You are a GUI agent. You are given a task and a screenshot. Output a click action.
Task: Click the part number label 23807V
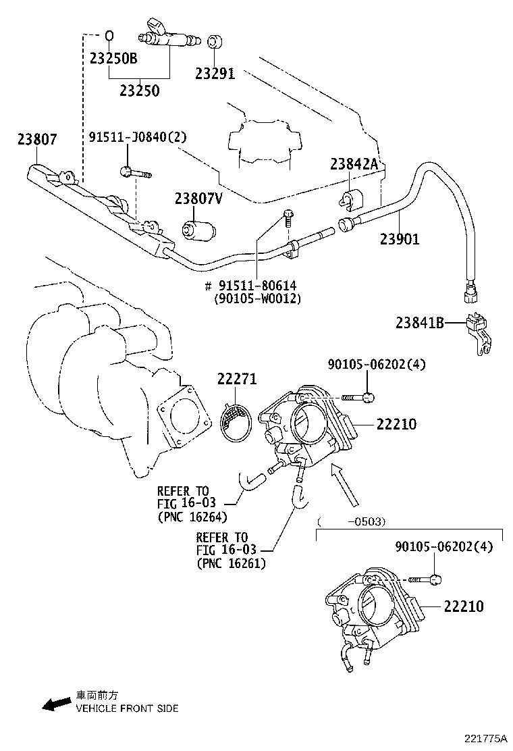(x=198, y=199)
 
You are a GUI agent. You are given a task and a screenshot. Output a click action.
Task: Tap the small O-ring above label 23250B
(x=108, y=35)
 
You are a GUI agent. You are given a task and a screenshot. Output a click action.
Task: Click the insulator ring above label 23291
(x=214, y=41)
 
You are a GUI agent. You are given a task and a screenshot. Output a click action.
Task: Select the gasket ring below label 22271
(x=238, y=422)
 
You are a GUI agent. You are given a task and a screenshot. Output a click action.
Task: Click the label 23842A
(x=354, y=165)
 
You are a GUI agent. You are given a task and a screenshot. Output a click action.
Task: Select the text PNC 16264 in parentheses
(x=192, y=517)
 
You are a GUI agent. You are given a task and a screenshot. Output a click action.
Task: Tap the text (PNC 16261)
(x=231, y=563)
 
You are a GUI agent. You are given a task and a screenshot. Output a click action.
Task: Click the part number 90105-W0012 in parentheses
(x=257, y=298)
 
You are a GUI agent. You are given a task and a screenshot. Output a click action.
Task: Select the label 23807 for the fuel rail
(x=36, y=140)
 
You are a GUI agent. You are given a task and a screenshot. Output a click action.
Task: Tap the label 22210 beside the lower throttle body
(x=463, y=606)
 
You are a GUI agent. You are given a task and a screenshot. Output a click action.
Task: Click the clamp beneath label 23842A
(x=350, y=199)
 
